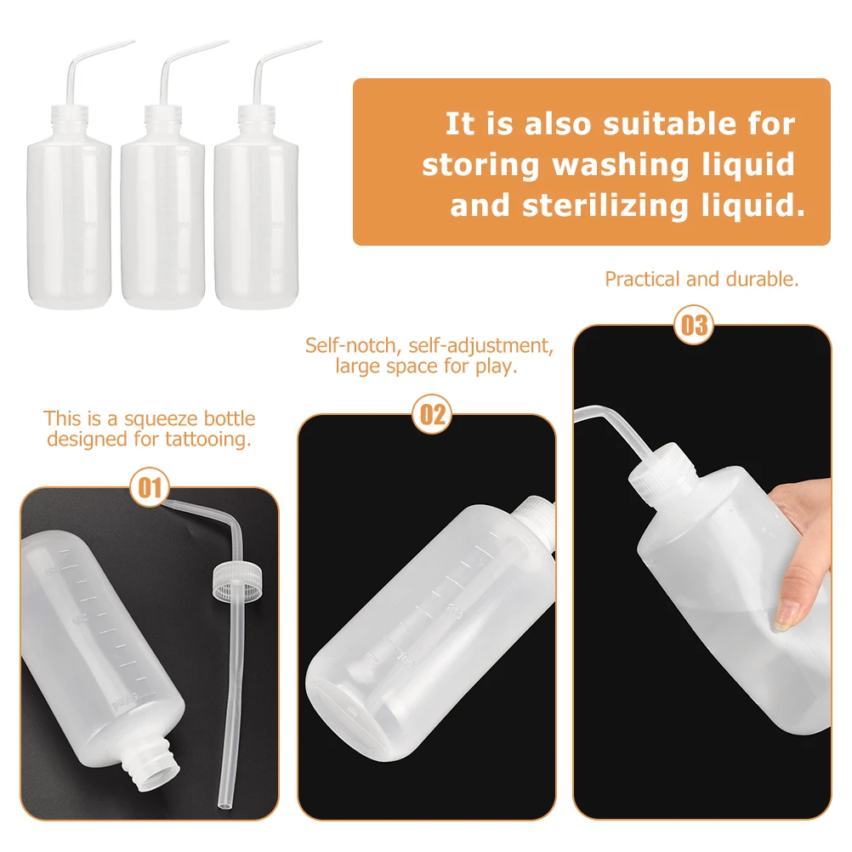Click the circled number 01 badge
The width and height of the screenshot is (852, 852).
click(150, 487)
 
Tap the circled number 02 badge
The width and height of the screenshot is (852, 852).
click(433, 414)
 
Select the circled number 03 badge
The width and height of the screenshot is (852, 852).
click(694, 325)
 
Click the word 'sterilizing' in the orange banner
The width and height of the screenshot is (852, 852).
click(605, 206)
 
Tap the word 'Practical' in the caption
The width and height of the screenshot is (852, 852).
click(643, 279)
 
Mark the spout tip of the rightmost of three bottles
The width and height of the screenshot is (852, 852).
click(319, 42)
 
